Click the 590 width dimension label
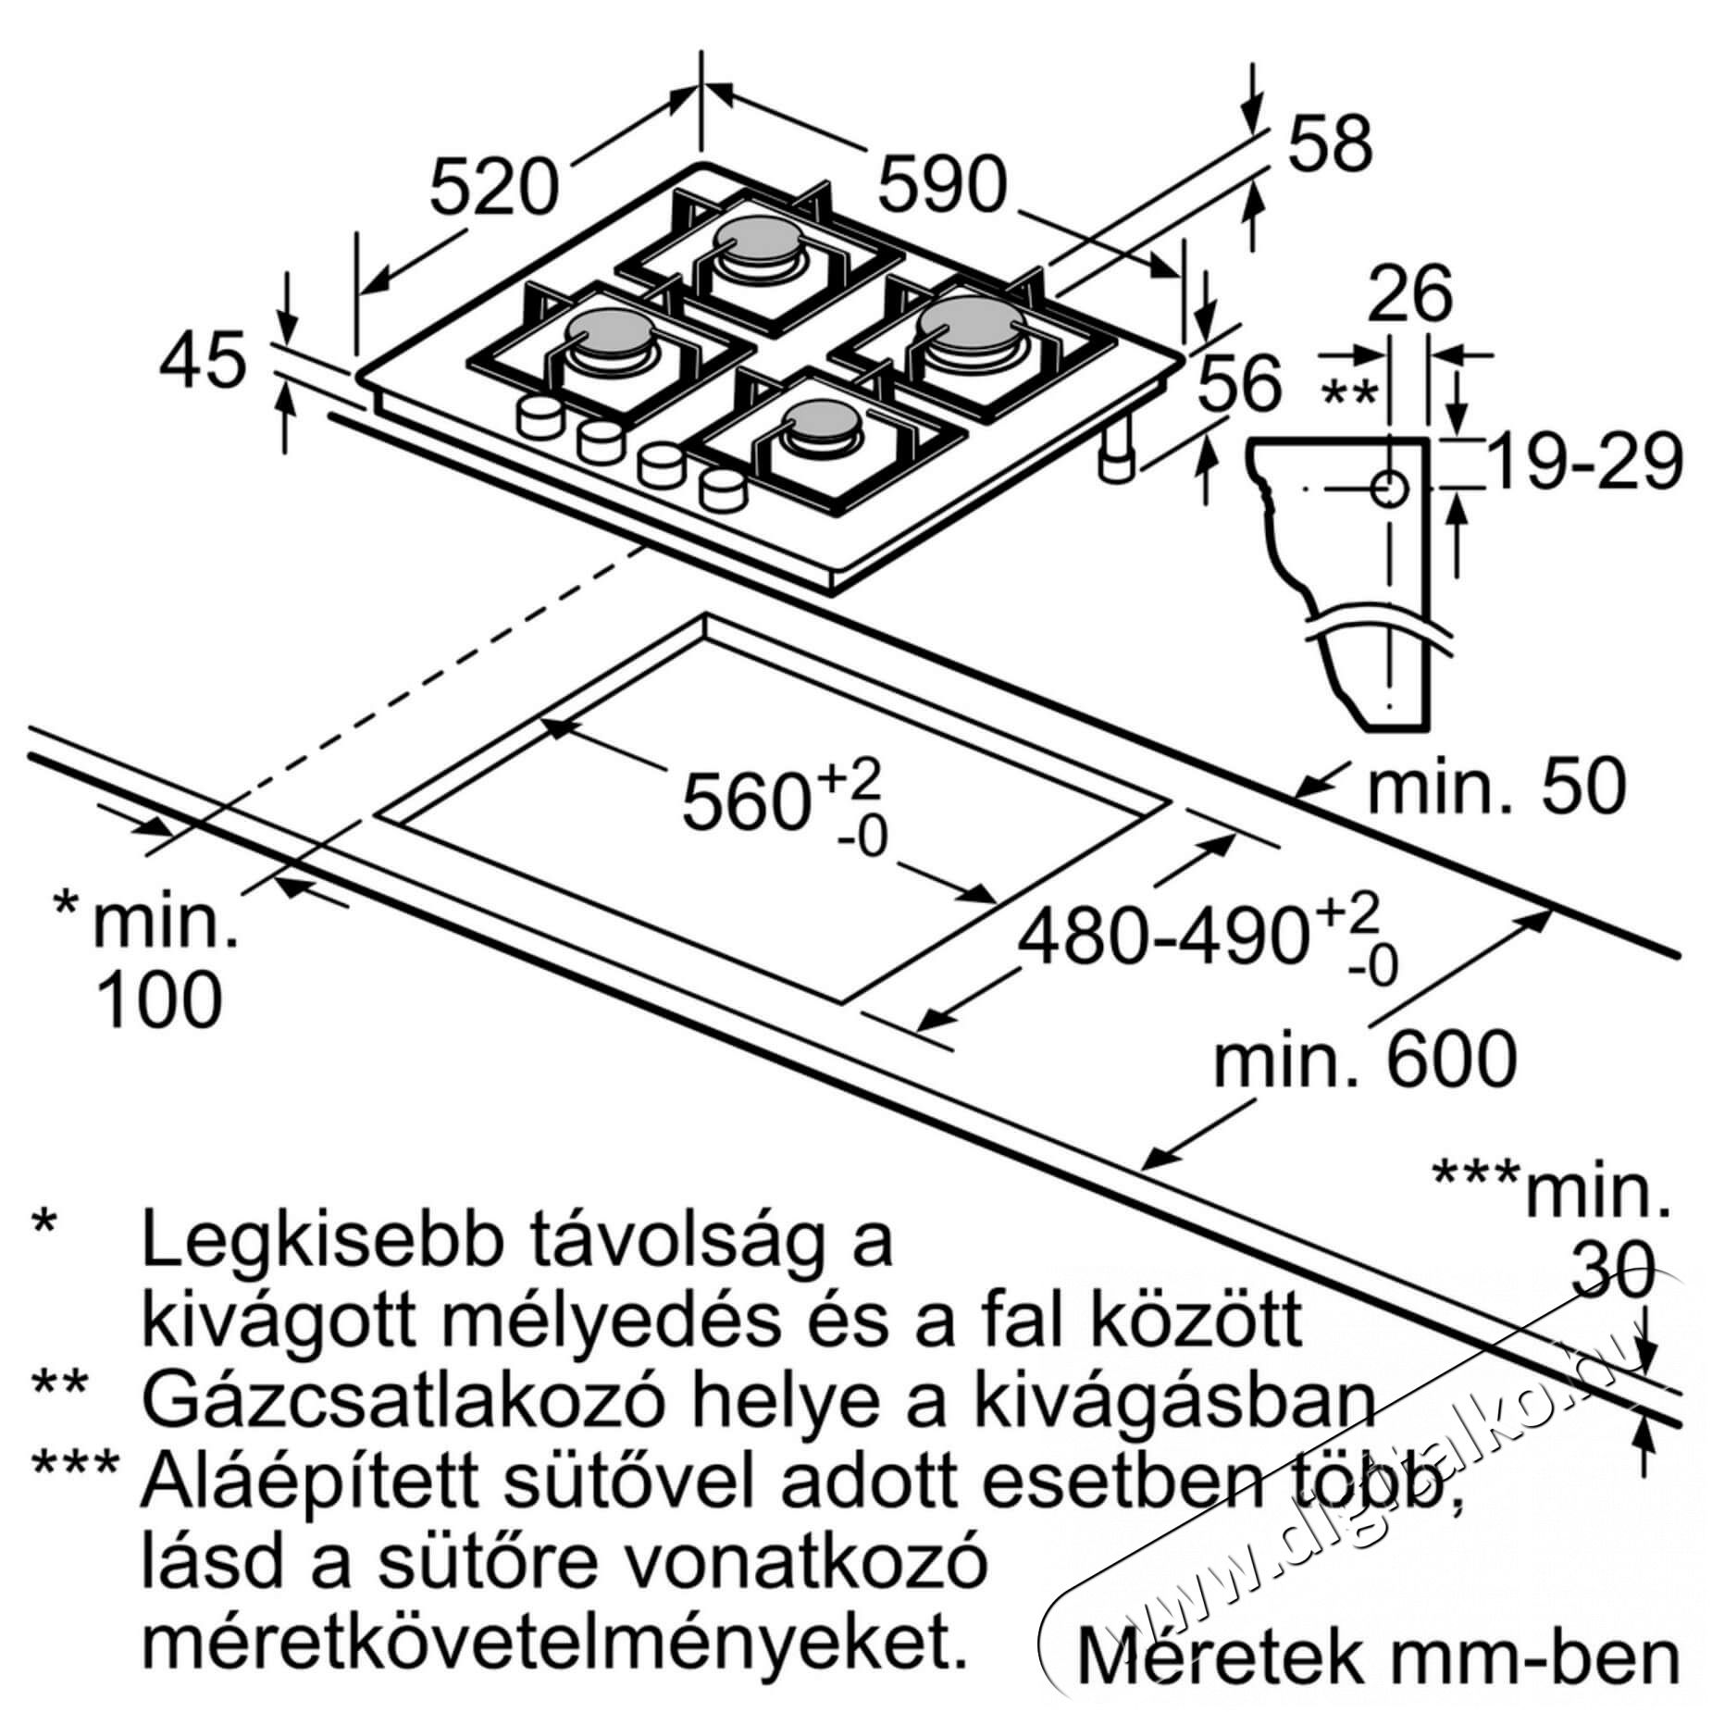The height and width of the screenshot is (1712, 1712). (x=940, y=185)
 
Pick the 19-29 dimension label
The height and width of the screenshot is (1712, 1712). (x=1584, y=464)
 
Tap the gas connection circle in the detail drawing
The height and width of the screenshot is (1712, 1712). (x=1389, y=488)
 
